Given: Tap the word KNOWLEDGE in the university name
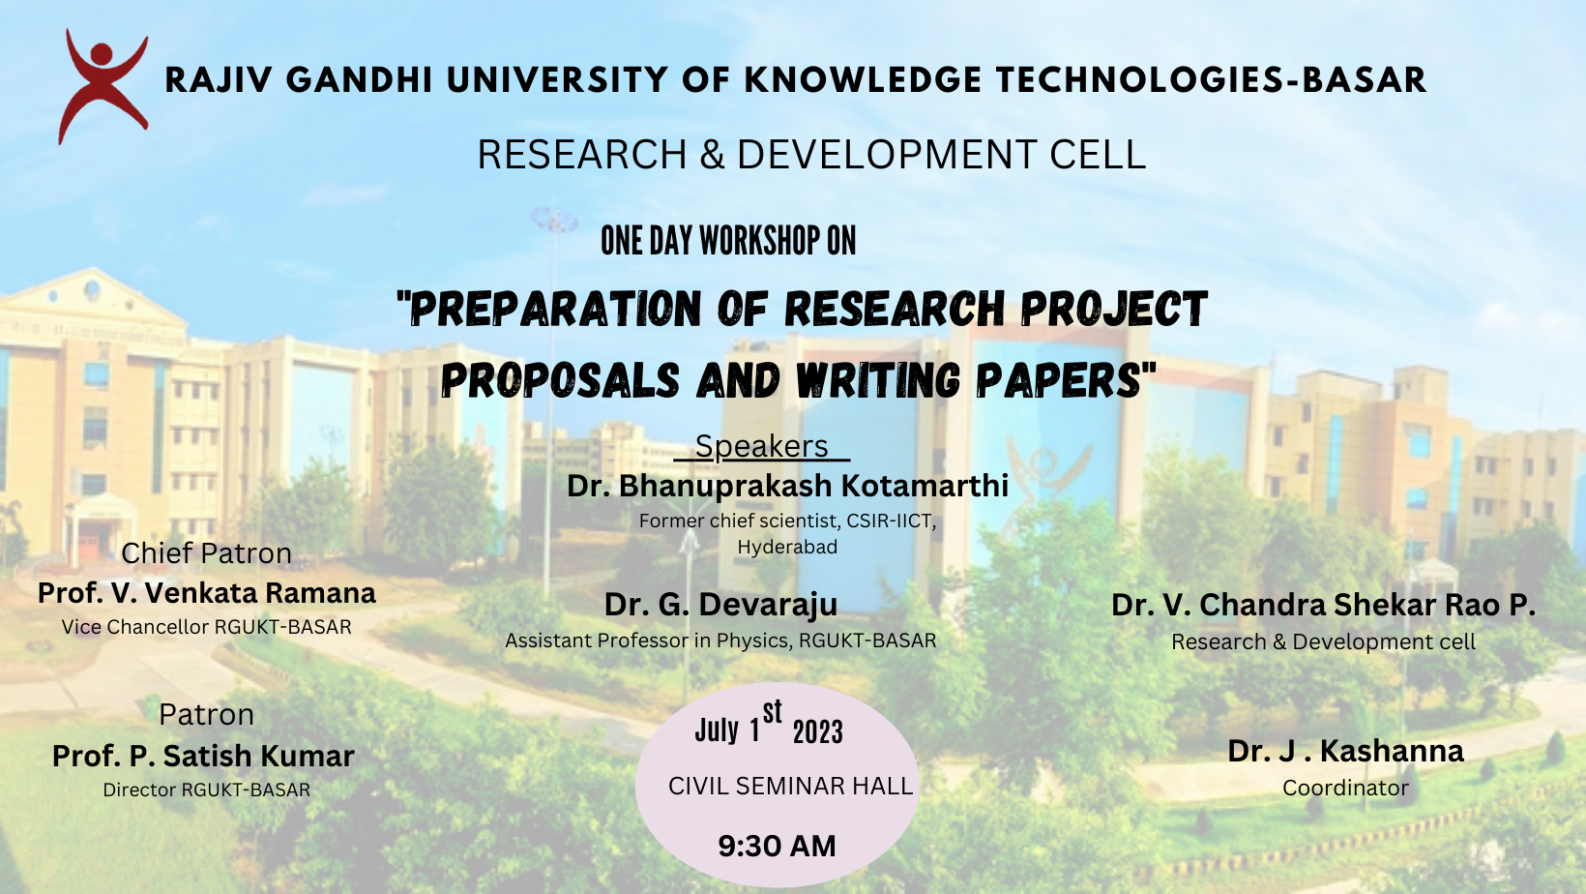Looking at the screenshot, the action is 863,79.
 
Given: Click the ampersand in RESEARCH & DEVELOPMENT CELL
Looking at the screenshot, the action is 713,155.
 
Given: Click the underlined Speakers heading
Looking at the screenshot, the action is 762,446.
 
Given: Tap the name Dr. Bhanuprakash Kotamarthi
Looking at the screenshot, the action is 787,486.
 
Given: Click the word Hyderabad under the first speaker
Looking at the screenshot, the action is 787,547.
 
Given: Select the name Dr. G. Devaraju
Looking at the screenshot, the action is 720,605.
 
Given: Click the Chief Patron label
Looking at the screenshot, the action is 206,553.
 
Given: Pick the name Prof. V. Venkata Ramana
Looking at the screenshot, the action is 207,593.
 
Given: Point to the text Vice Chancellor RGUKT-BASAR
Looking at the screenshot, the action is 207,627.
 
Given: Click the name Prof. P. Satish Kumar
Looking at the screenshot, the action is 203,756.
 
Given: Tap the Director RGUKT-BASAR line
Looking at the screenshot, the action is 207,790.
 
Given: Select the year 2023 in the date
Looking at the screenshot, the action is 818,731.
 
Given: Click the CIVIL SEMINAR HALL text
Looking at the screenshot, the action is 790,787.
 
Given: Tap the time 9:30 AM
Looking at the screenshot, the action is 778,847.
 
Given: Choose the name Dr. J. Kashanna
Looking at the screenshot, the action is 1345,751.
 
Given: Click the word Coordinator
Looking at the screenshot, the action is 1345,788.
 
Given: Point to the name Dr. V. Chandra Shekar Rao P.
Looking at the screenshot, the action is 1323,605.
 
